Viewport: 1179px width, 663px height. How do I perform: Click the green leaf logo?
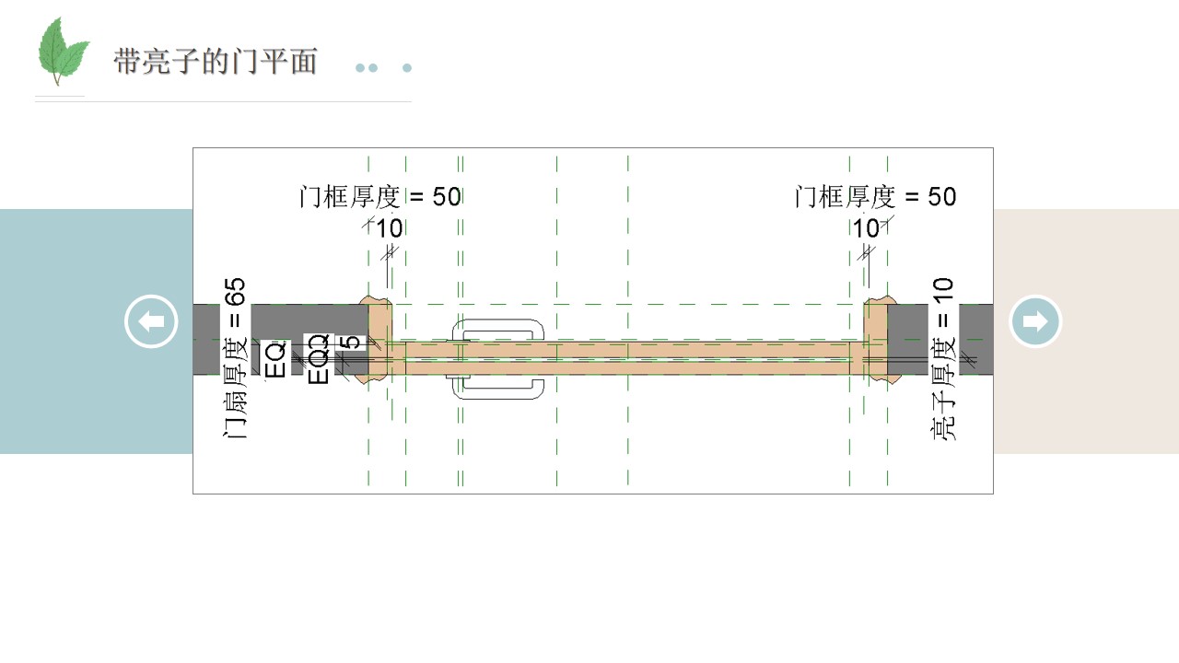62,51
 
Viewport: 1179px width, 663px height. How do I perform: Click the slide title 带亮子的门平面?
216,62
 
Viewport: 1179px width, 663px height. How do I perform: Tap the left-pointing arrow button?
151,321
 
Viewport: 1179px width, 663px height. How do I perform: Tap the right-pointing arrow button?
1035,321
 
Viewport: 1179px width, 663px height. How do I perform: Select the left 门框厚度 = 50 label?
380,197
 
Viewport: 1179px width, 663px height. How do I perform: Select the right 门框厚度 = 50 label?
875,197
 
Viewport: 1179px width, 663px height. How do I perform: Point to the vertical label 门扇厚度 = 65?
235,358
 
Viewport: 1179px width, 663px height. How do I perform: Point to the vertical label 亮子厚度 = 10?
943,358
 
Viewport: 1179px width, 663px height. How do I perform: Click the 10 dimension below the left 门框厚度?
390,228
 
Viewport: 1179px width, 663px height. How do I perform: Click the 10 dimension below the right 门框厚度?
866,228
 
